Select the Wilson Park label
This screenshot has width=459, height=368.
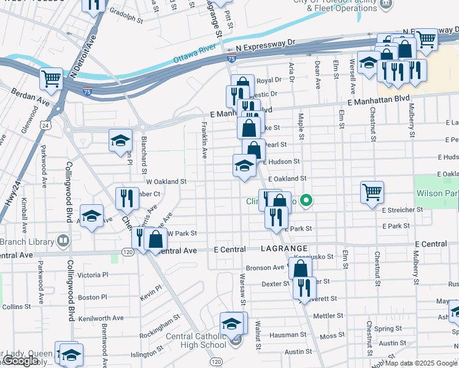pos(438,193)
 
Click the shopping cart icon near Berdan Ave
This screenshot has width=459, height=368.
pos(52,79)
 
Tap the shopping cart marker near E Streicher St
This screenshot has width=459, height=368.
pos(372,192)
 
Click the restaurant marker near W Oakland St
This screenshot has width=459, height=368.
pos(127,198)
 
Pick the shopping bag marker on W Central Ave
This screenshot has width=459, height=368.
pos(156,239)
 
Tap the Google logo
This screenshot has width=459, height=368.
pos(20,361)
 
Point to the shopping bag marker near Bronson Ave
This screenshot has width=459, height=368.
pos(300,269)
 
